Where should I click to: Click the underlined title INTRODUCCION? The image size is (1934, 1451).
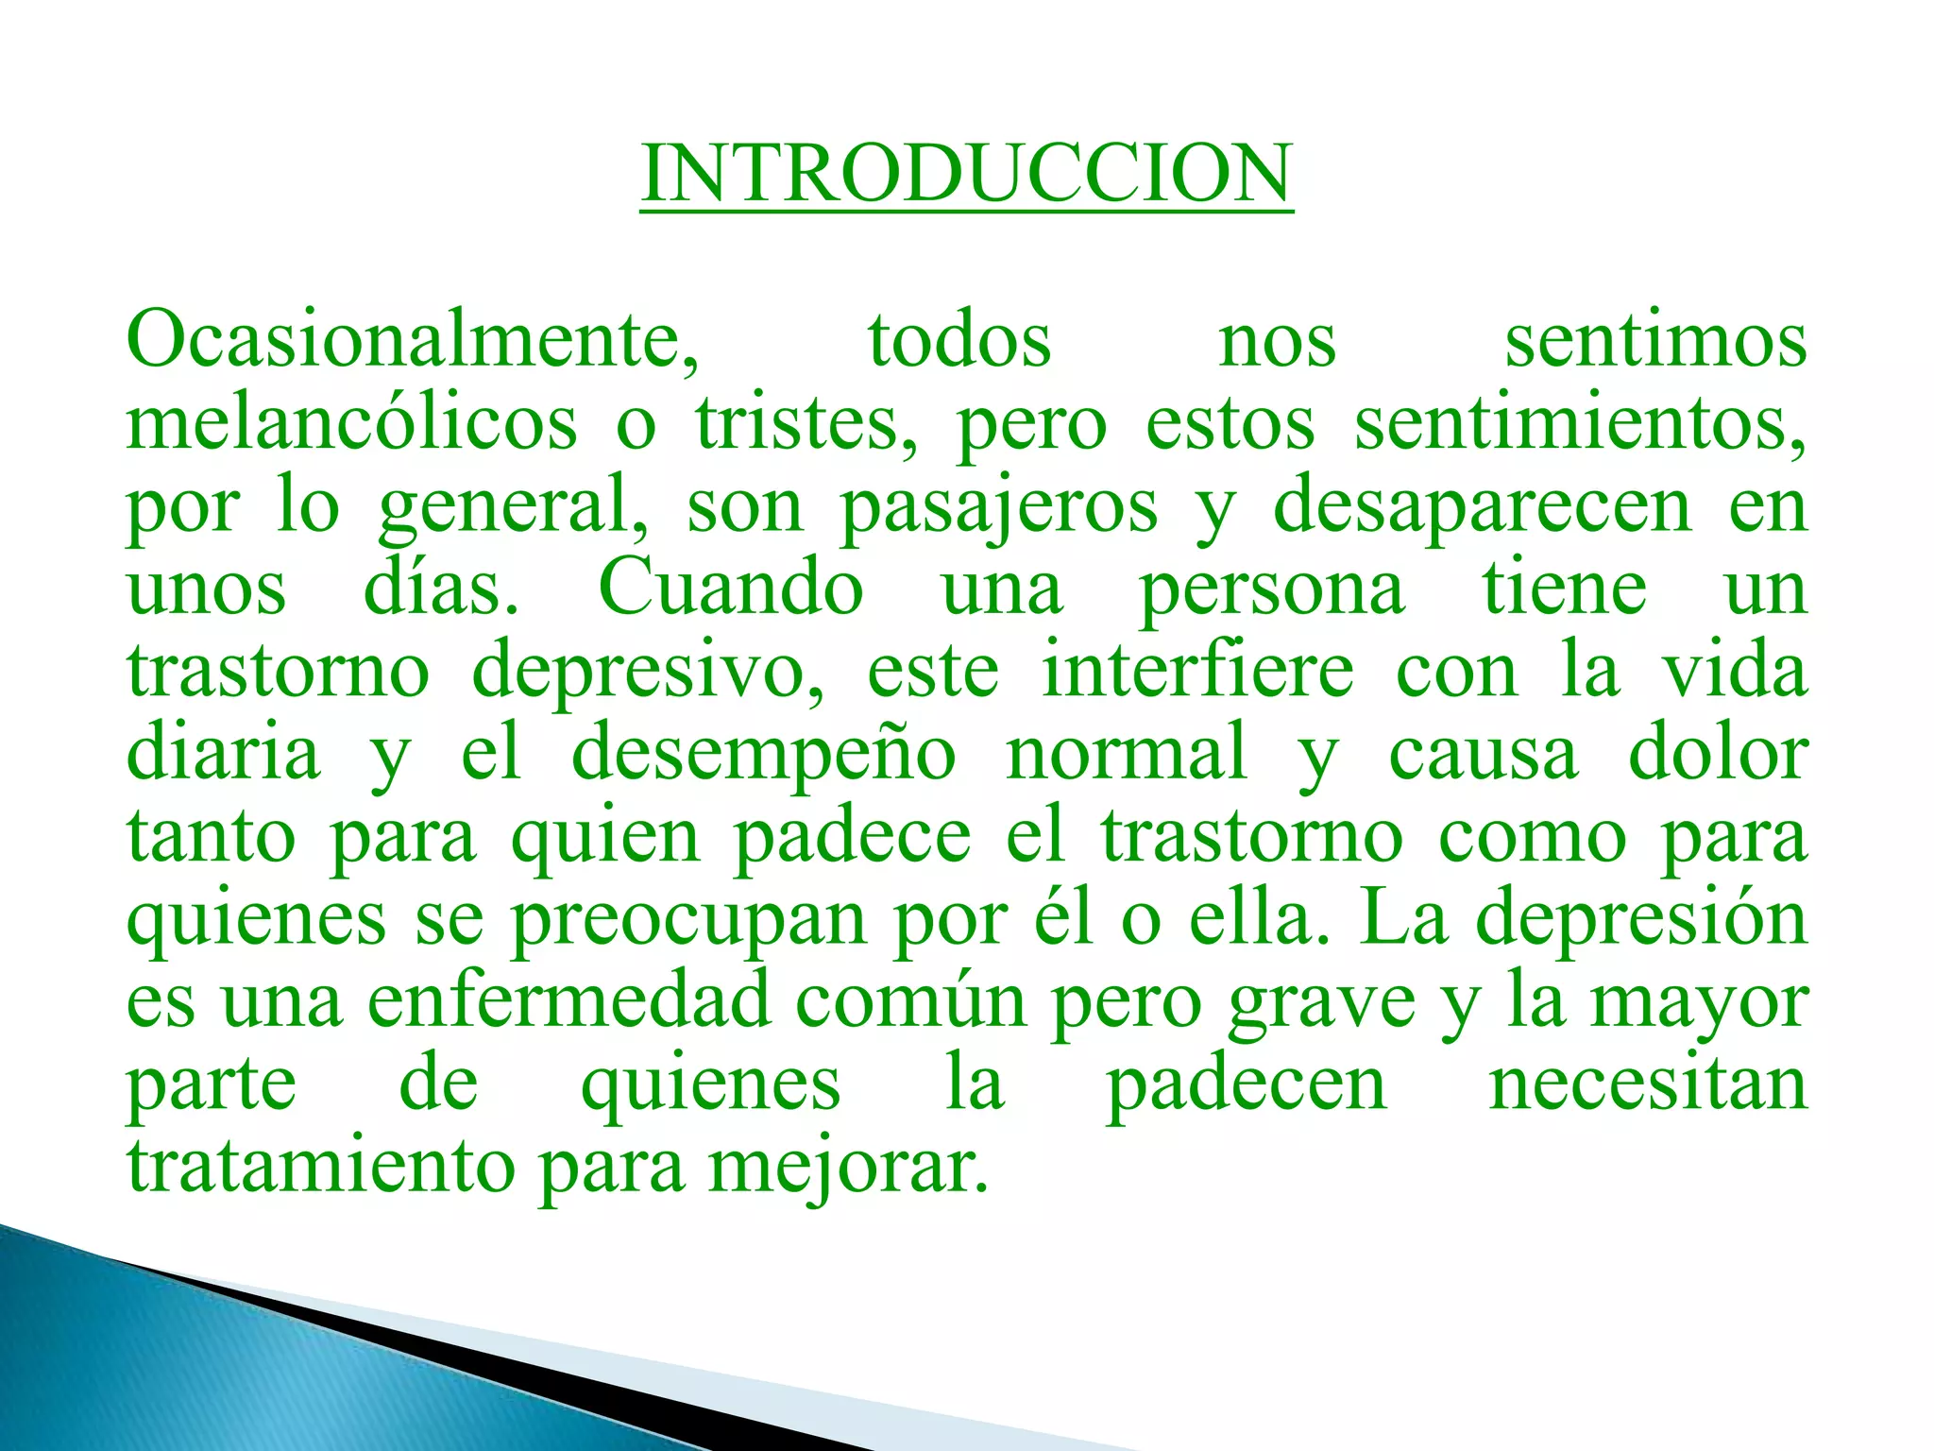pyautogui.click(x=966, y=174)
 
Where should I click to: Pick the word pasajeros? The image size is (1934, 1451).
pyautogui.click(x=999, y=507)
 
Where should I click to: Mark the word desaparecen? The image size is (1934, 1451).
pyautogui.click(x=1483, y=507)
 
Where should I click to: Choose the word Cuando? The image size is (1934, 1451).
pyautogui.click(x=731, y=589)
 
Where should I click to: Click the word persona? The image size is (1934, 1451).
pyautogui.click(x=1272, y=590)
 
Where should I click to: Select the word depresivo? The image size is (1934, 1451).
pyautogui.click(x=648, y=672)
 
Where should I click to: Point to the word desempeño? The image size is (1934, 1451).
pyautogui.click(x=764, y=755)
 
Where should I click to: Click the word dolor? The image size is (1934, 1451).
pyautogui.click(x=1718, y=753)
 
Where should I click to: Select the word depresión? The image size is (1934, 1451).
pyautogui.click(x=1641, y=919)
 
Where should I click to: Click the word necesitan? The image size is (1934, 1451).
pyautogui.click(x=1648, y=1084)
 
